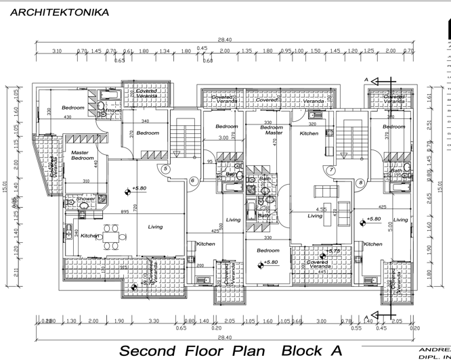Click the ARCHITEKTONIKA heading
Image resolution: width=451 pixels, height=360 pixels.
pyautogui.click(x=60, y=12)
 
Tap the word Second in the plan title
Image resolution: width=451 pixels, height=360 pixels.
pyautogui.click(x=153, y=351)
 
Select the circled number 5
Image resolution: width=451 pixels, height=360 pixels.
pyautogui.click(x=165, y=169)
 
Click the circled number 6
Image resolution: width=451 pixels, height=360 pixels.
pyautogui.click(x=192, y=180)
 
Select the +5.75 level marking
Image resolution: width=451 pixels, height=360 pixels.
pyautogui.click(x=332, y=251)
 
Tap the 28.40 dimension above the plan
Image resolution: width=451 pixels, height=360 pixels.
pyautogui.click(x=225, y=40)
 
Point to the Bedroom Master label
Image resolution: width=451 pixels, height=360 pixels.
pyautogui.click(x=272, y=130)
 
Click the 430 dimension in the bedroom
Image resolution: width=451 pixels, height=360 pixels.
pyautogui.click(x=67, y=118)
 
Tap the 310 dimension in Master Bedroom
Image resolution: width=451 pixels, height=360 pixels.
pyautogui.click(x=85, y=181)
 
